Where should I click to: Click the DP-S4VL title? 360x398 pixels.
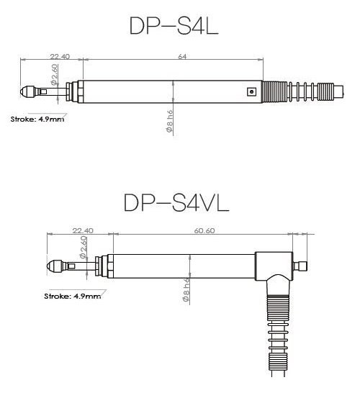(176, 202)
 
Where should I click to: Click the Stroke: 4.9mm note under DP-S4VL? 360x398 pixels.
(71, 295)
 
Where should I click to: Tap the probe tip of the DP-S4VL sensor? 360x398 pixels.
(53, 266)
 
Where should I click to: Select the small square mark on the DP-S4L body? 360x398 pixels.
(251, 91)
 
